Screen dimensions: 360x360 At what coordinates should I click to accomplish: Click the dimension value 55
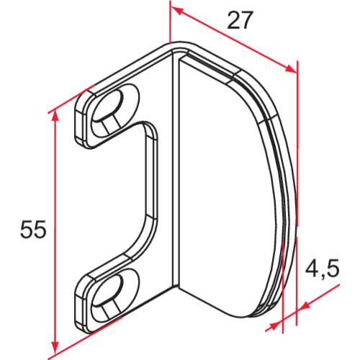33,230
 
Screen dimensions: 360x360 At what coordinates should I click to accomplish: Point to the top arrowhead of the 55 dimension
54,114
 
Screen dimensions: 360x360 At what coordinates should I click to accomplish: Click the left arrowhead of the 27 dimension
175,9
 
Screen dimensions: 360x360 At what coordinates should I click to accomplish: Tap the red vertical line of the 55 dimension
54,230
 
